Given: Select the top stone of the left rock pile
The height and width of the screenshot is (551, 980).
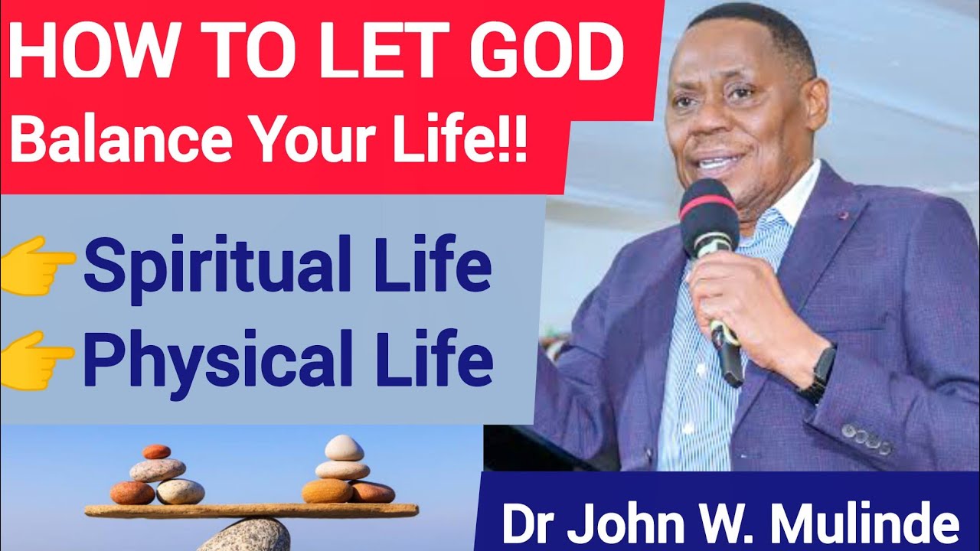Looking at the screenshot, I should [157, 452].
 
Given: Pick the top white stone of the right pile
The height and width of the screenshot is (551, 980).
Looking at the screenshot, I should [344, 447].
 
